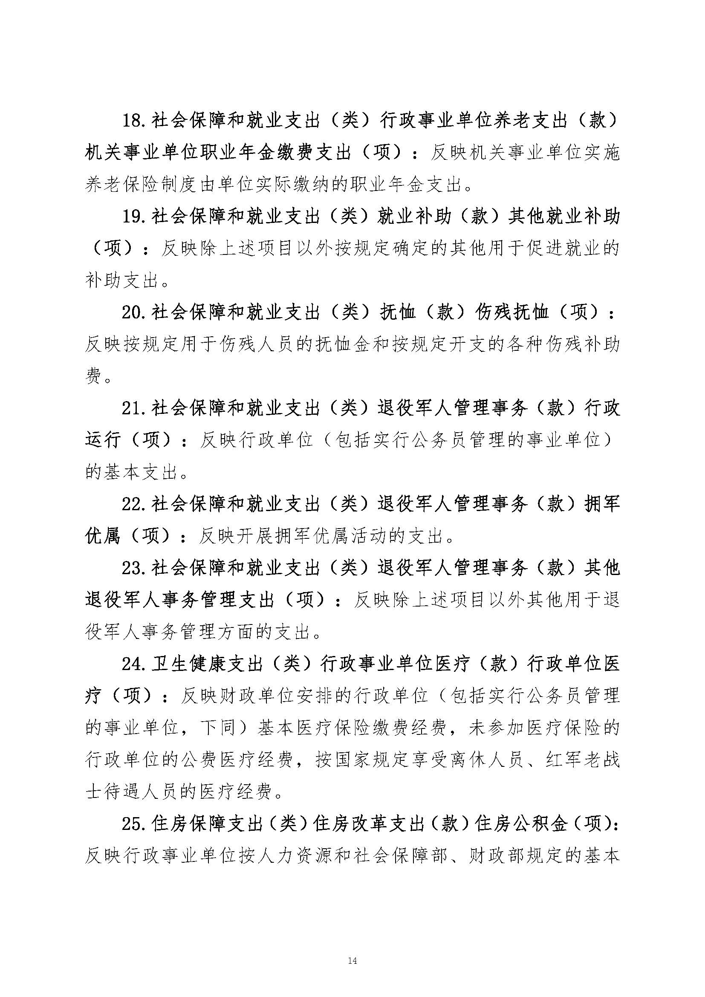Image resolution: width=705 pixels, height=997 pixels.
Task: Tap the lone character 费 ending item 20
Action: tap(93, 376)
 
